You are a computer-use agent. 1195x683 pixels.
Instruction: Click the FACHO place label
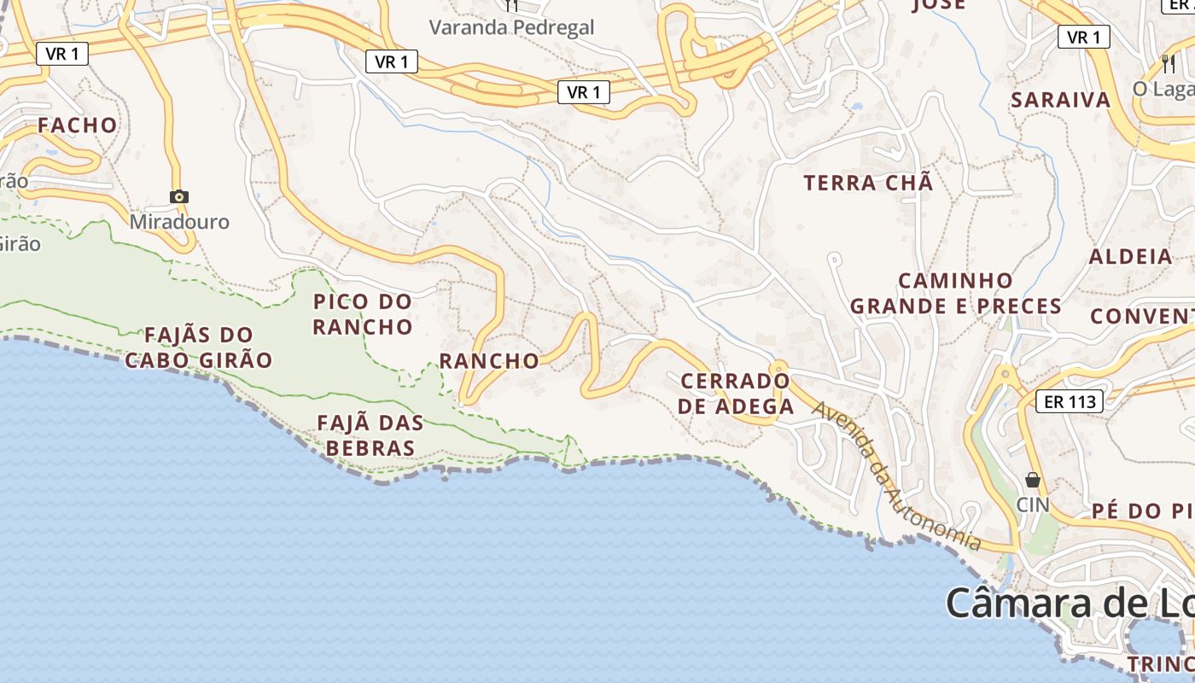point(77,126)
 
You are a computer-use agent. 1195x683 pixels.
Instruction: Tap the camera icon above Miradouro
point(178,196)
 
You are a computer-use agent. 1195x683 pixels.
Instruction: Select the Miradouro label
point(179,222)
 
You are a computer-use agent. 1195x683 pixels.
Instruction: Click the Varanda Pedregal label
point(511,27)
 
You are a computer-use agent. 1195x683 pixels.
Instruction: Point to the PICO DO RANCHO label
point(363,314)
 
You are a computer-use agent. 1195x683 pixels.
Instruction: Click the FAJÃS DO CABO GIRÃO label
point(199,347)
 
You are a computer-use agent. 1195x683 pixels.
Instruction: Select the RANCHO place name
point(489,361)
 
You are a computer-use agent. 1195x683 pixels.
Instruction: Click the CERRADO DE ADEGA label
point(736,394)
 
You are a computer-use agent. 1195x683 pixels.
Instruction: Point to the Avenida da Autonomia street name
point(896,476)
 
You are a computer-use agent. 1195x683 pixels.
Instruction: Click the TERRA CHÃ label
point(869,183)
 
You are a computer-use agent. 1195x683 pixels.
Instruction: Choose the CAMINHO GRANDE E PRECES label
point(956,294)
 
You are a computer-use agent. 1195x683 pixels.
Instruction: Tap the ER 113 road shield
point(1069,401)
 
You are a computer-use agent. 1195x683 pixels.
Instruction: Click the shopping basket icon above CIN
point(1033,480)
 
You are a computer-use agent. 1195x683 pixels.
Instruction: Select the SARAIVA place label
point(1061,100)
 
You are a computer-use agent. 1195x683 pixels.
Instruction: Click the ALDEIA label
point(1131,257)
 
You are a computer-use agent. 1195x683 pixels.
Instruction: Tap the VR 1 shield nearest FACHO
point(62,54)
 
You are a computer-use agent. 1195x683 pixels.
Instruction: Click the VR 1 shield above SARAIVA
point(1083,38)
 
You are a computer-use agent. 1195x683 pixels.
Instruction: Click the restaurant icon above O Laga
point(1169,62)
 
